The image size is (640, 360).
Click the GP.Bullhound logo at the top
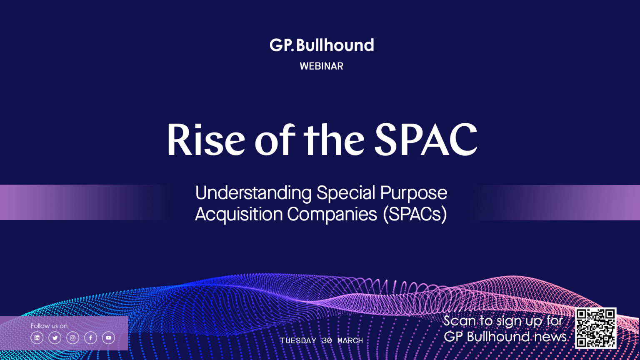(322, 45)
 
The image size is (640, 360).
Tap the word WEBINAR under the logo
(321, 66)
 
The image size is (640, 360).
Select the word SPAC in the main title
(426, 140)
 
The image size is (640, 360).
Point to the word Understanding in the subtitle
(253, 193)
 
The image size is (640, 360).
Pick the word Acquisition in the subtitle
(239, 215)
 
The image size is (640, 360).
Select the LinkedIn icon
(37, 338)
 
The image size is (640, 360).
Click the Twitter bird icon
(55, 338)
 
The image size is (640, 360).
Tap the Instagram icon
(72, 338)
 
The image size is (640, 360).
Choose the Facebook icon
(90, 338)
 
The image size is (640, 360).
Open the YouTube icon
(109, 338)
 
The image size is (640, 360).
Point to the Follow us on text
(49, 326)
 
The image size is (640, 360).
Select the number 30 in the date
(327, 340)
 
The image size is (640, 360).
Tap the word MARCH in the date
(350, 340)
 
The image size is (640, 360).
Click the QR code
(596, 328)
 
